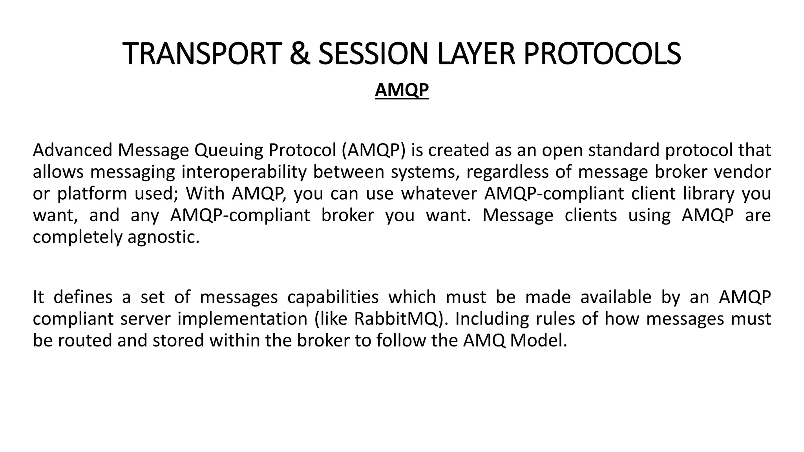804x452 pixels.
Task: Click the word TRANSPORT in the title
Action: [201, 54]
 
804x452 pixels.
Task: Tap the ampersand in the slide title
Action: [299, 54]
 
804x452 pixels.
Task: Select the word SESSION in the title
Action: [373, 54]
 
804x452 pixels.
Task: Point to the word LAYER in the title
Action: [475, 54]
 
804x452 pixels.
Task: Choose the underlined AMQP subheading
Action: [402, 90]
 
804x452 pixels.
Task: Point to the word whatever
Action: [439, 193]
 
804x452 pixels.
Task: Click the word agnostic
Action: [164, 237]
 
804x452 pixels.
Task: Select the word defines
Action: [83, 297]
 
